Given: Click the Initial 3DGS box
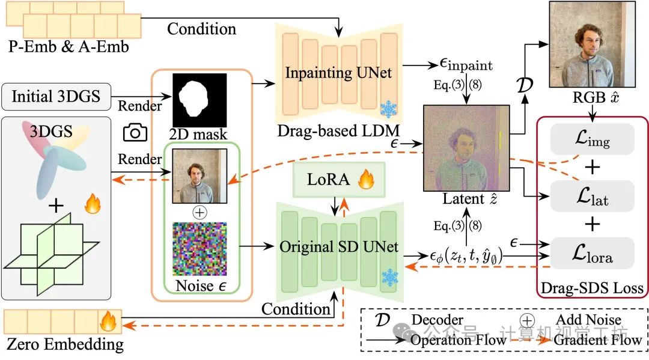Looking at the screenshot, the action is (56, 97).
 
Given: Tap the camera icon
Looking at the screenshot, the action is (135, 132).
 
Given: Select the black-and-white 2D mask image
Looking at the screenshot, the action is (200, 100).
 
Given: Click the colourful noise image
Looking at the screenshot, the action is (200, 249).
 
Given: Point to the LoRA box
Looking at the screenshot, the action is (338, 179).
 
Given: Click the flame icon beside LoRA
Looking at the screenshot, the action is (367, 179).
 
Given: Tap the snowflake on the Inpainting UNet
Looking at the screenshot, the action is (389, 109).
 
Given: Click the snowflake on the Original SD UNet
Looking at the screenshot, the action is (389, 278).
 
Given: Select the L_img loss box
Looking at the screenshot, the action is (593, 139).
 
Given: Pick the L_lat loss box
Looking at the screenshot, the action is (593, 196).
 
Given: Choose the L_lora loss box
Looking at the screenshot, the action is (593, 253).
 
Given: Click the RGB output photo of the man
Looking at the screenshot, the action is (593, 44).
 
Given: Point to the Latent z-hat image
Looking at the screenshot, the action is (466, 148).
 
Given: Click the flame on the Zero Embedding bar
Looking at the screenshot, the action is (108, 321).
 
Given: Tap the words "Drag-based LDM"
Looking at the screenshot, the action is (338, 131).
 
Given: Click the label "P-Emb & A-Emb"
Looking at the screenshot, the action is (69, 47).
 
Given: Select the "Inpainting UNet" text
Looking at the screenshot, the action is (338, 73).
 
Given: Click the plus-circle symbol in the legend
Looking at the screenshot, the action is (527, 320).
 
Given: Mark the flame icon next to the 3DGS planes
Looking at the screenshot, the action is (93, 204).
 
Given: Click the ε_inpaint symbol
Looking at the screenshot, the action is (466, 64).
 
